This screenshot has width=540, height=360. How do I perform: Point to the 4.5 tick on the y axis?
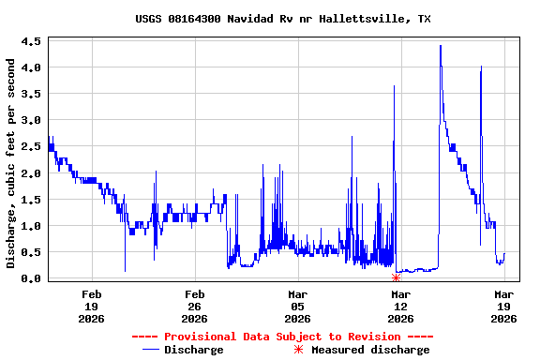pyautogui.click(x=31, y=41)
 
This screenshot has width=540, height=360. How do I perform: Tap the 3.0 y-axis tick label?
pyautogui.click(x=31, y=120)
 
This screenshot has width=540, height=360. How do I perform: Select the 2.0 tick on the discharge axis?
pyautogui.click(x=31, y=173)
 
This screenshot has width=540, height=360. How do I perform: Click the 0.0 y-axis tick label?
pyautogui.click(x=31, y=278)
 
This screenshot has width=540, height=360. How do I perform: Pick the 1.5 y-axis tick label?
pyautogui.click(x=31, y=200)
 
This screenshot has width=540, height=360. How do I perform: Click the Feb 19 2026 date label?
pyautogui.click(x=91, y=306)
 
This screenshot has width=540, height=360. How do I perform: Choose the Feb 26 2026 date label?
pyautogui.click(x=194, y=306)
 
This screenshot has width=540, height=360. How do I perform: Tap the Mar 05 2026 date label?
pyautogui.click(x=297, y=306)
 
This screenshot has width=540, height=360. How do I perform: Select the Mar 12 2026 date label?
pyautogui.click(x=400, y=306)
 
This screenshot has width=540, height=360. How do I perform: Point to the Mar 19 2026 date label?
pyautogui.click(x=503, y=306)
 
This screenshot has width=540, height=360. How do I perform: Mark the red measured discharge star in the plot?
pyautogui.click(x=396, y=277)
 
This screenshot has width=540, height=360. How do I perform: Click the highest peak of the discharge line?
pyautogui.click(x=440, y=46)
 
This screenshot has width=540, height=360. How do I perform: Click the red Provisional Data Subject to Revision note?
pyautogui.click(x=282, y=337)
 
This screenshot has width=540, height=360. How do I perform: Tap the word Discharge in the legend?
pyautogui.click(x=194, y=350)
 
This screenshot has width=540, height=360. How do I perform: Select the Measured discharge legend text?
pyautogui.click(x=370, y=350)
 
